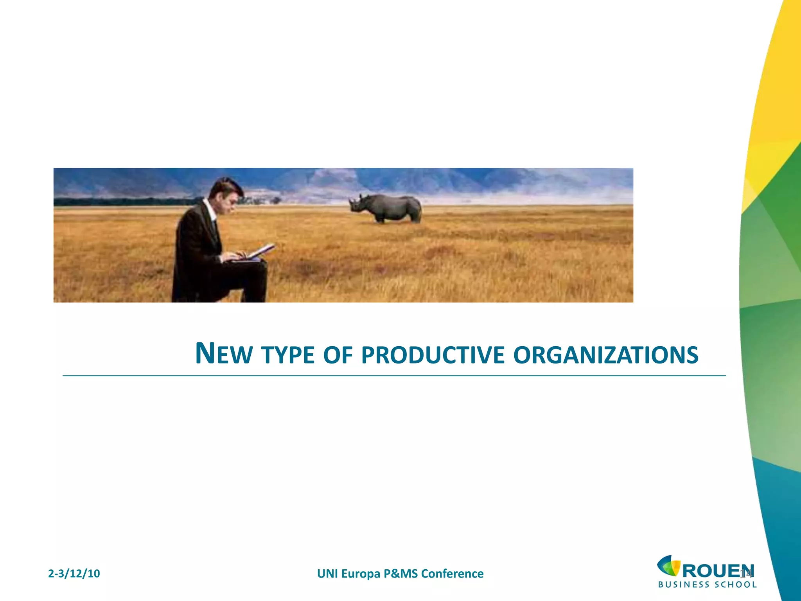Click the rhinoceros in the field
point(387,208)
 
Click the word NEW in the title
point(223,354)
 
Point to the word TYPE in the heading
point(288,355)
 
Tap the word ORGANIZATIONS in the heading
point(606,355)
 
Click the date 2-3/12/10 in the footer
point(74,574)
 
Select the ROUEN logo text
point(718,571)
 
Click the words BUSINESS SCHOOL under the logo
point(707,585)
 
